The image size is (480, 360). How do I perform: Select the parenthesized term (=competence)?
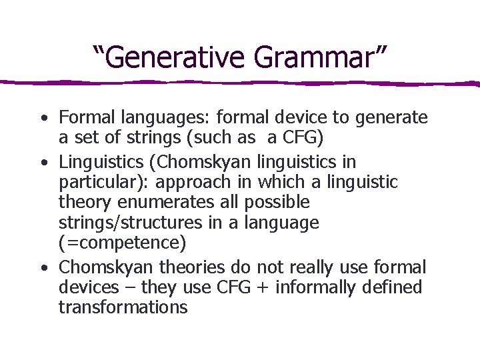tap(113, 242)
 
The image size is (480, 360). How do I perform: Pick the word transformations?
tap(123, 307)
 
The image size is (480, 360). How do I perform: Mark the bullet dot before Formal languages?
tap(43, 119)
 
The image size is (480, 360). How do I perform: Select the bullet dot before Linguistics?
tap(43, 163)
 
